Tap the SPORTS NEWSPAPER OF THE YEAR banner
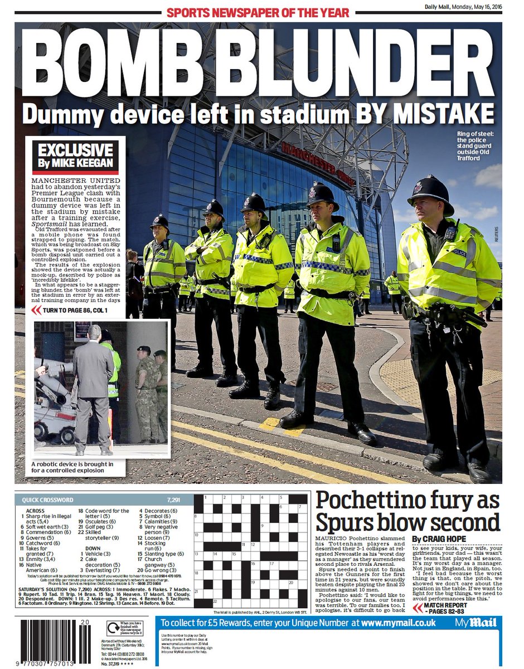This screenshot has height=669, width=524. pos(258,12)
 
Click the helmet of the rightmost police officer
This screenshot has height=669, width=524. pos(430,191)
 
